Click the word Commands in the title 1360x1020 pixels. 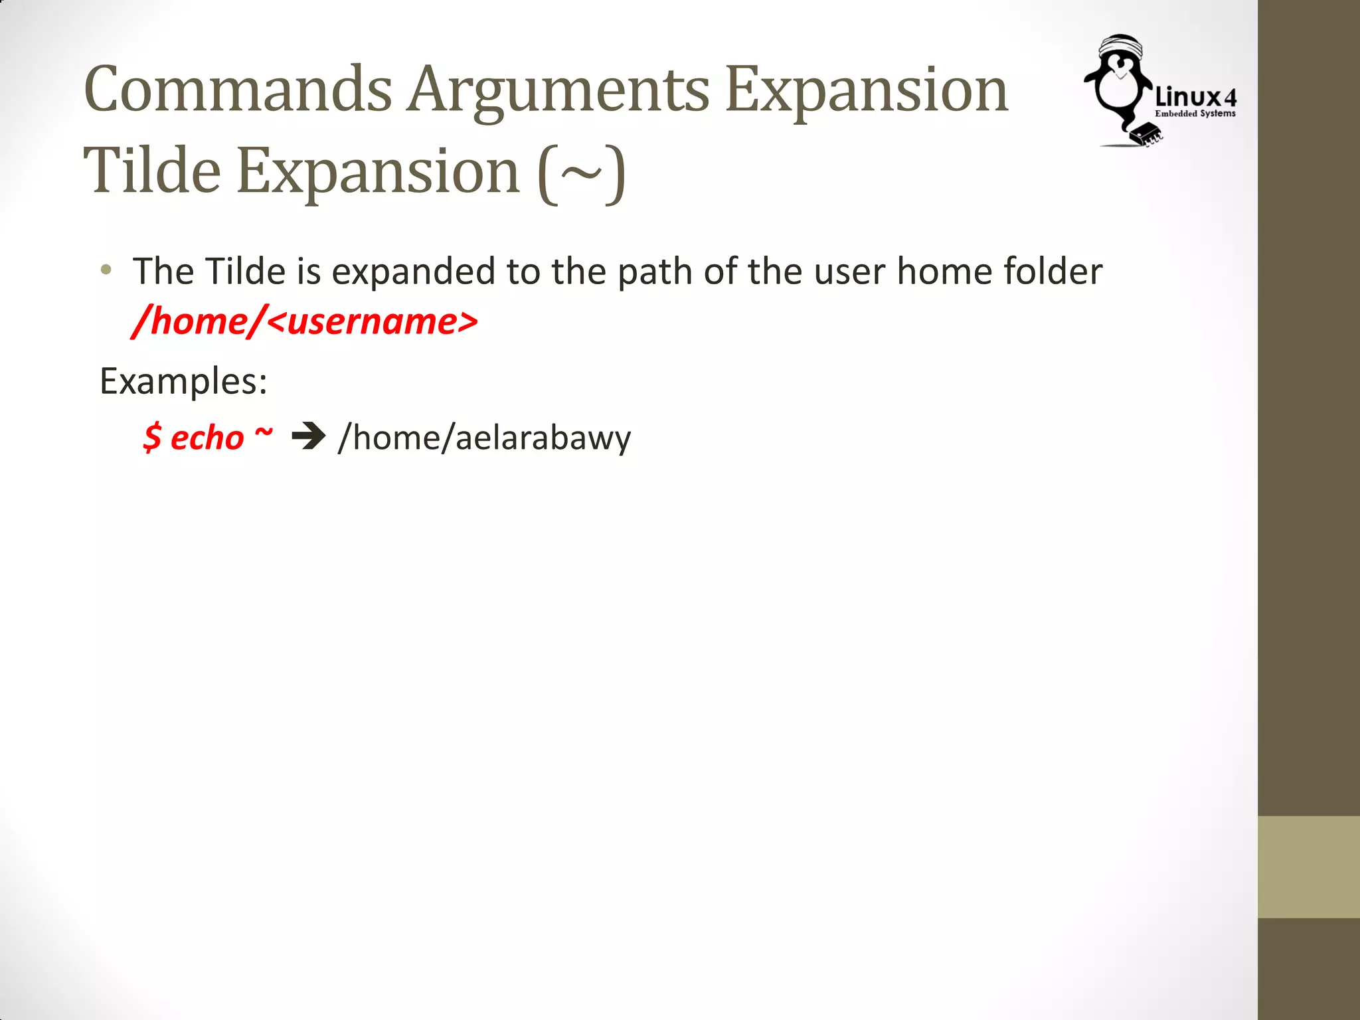[238, 90]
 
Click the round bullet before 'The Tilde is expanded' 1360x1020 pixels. [106, 270]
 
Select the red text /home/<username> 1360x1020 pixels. [305, 321]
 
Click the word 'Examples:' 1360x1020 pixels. [183, 382]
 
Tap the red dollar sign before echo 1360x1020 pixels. [152, 438]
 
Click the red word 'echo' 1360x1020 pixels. [207, 438]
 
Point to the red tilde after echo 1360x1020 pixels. [264, 432]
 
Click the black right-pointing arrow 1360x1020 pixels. [309, 437]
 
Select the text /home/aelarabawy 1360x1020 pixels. [484, 438]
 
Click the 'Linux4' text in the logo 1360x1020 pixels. [1195, 97]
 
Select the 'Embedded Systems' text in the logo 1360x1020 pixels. [1195, 114]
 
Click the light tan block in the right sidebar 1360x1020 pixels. [1308, 867]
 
